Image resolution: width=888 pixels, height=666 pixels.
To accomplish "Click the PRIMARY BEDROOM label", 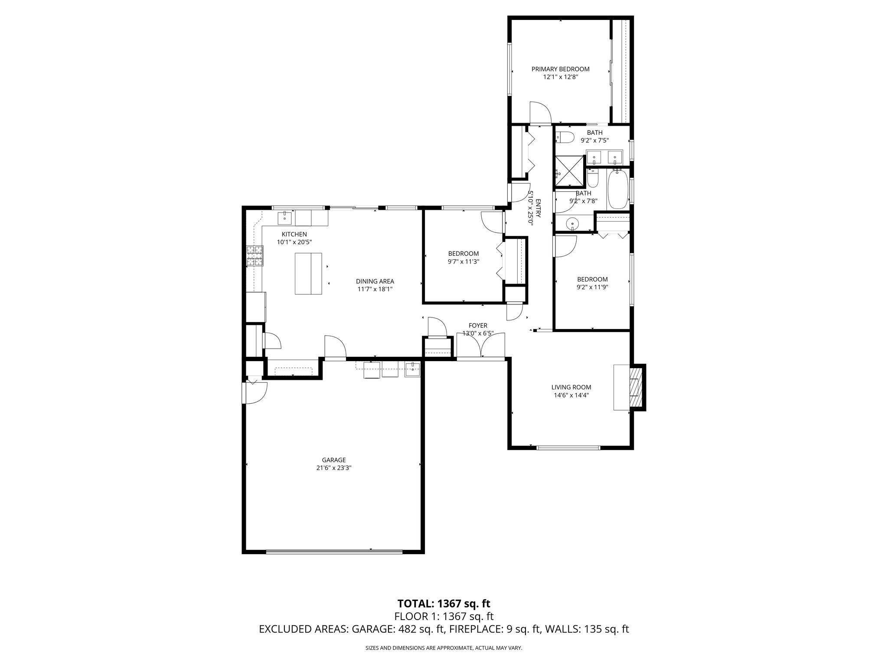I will point(560,69).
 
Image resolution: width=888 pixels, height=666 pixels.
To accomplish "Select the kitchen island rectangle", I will point(308,274).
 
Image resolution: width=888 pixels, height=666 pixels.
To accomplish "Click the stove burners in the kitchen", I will point(255,256).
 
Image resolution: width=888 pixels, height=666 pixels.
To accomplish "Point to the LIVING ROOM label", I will point(571,387).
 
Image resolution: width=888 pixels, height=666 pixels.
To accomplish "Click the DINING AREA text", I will point(375,281).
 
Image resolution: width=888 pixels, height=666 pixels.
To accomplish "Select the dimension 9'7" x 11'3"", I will point(464,261).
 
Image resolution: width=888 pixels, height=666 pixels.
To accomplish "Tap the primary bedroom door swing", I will point(539,114).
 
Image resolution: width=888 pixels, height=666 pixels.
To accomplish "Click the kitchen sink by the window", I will point(284,218).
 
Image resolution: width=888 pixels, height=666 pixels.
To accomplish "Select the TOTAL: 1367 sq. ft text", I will point(444,604).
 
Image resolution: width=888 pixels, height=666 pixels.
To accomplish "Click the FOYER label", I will point(478,326).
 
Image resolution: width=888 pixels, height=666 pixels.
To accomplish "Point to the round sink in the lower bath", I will point(573,224).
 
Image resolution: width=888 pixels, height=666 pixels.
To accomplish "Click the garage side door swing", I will point(255,392).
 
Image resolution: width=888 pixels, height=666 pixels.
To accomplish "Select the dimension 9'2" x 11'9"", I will point(592,287).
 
